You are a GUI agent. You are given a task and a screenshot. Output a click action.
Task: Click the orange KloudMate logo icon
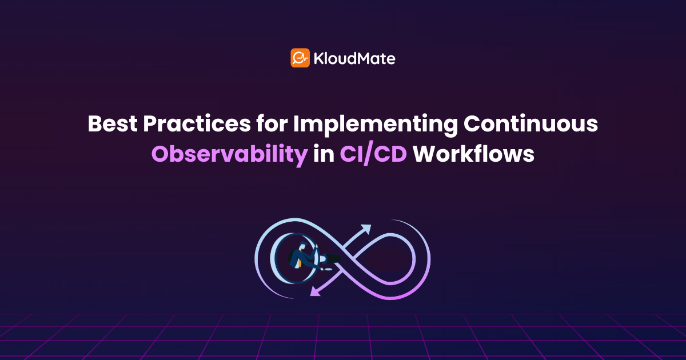pyautogui.click(x=300, y=58)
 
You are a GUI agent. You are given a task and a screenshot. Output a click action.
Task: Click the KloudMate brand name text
pyautogui.click(x=354, y=58)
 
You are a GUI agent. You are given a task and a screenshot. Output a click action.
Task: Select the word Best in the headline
pyautogui.click(x=113, y=123)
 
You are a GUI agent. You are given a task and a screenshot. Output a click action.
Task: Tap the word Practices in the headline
pyautogui.click(x=197, y=123)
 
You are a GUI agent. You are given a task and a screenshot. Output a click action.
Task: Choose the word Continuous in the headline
pyautogui.click(x=531, y=123)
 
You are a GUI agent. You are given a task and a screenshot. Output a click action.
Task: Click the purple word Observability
pyautogui.click(x=230, y=155)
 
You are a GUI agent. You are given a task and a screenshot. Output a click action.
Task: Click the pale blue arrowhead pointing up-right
pyautogui.click(x=366, y=229)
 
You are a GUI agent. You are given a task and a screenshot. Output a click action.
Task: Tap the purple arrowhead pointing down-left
pyautogui.click(x=316, y=291)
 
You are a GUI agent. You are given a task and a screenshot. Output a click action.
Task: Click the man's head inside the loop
pyautogui.click(x=302, y=245)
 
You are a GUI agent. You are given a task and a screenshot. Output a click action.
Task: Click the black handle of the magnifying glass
pyautogui.click(x=333, y=259)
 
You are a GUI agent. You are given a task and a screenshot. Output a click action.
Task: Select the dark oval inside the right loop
pyautogui.click(x=387, y=259)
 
